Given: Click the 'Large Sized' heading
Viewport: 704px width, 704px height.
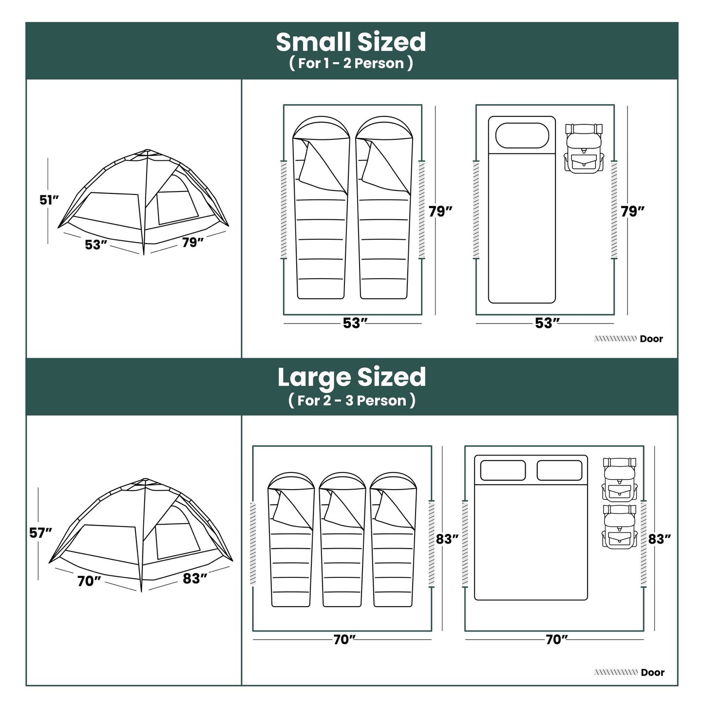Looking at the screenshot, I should (351, 378).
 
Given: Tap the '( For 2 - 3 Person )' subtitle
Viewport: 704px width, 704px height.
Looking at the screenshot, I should (351, 400).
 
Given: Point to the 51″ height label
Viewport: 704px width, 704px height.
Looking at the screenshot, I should (49, 200).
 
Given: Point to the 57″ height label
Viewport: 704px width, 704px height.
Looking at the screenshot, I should (40, 533).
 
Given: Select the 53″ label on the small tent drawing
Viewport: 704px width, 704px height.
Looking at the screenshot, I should (95, 245).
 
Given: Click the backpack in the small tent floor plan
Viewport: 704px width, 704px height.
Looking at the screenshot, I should (584, 147).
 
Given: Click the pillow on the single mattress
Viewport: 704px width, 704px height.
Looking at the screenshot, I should (522, 135).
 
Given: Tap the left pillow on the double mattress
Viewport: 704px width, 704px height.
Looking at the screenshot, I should (503, 470).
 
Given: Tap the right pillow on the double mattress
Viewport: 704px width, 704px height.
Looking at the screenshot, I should (560, 470).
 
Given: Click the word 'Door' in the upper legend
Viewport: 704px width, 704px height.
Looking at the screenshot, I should (651, 339).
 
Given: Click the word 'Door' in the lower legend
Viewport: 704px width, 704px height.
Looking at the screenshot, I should (652, 672).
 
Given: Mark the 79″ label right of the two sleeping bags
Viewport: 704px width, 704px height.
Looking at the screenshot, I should (440, 211).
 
